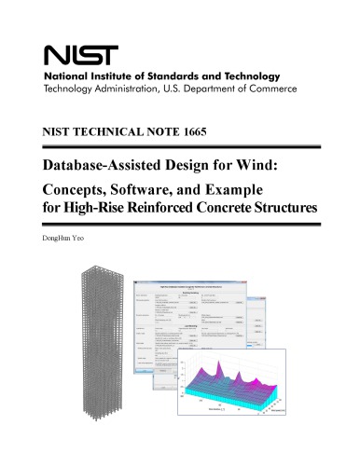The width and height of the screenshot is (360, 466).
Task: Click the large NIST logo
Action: coord(72,55)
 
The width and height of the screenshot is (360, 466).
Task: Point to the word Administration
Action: coord(134,90)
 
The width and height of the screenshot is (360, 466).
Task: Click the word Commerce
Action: coord(270,90)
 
